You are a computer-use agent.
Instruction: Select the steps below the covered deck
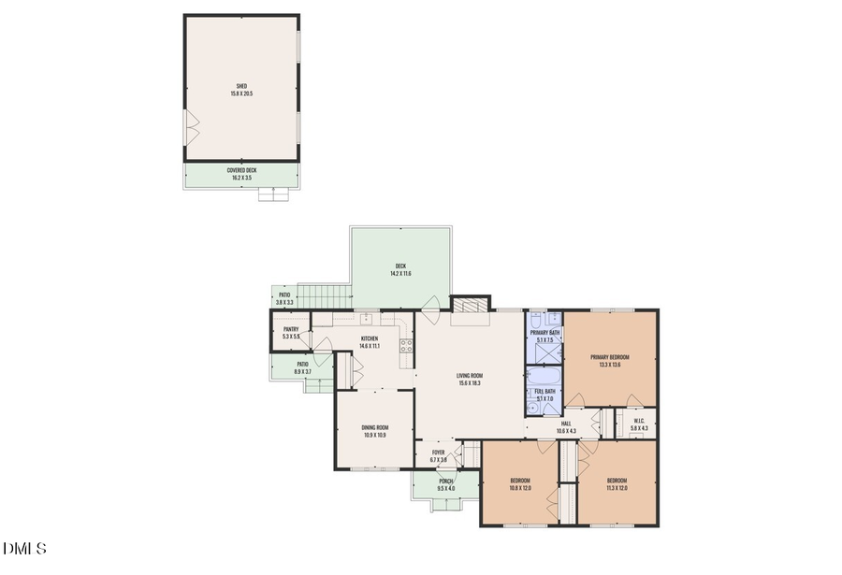273,194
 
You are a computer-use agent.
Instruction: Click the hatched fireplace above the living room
470,305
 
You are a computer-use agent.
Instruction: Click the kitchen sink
368,319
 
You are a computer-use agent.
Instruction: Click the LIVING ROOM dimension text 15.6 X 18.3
470,383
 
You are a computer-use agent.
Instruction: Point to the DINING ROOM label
374,432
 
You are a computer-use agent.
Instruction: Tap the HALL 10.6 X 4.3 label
566,427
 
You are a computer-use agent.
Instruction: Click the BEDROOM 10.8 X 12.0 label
520,484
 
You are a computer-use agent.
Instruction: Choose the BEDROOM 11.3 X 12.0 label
617,484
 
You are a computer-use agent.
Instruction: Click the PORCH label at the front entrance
446,484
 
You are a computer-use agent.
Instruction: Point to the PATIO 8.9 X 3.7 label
302,367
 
